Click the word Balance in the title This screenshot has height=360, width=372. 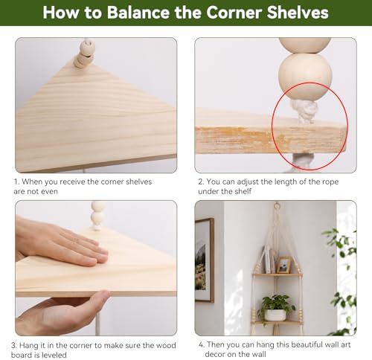click(x=139, y=12)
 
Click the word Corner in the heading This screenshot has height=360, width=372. click(x=234, y=12)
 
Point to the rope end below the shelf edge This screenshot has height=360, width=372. click(x=302, y=162)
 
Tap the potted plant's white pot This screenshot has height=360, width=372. click(x=275, y=315)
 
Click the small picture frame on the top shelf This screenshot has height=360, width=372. click(x=283, y=265)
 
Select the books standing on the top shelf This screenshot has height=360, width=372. click(x=269, y=259)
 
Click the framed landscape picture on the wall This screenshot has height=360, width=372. click(x=204, y=260)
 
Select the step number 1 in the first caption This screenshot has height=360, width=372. click(x=16, y=181)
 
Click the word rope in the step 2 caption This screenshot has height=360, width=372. click(x=330, y=181)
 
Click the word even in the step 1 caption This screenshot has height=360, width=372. click(x=50, y=191)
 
